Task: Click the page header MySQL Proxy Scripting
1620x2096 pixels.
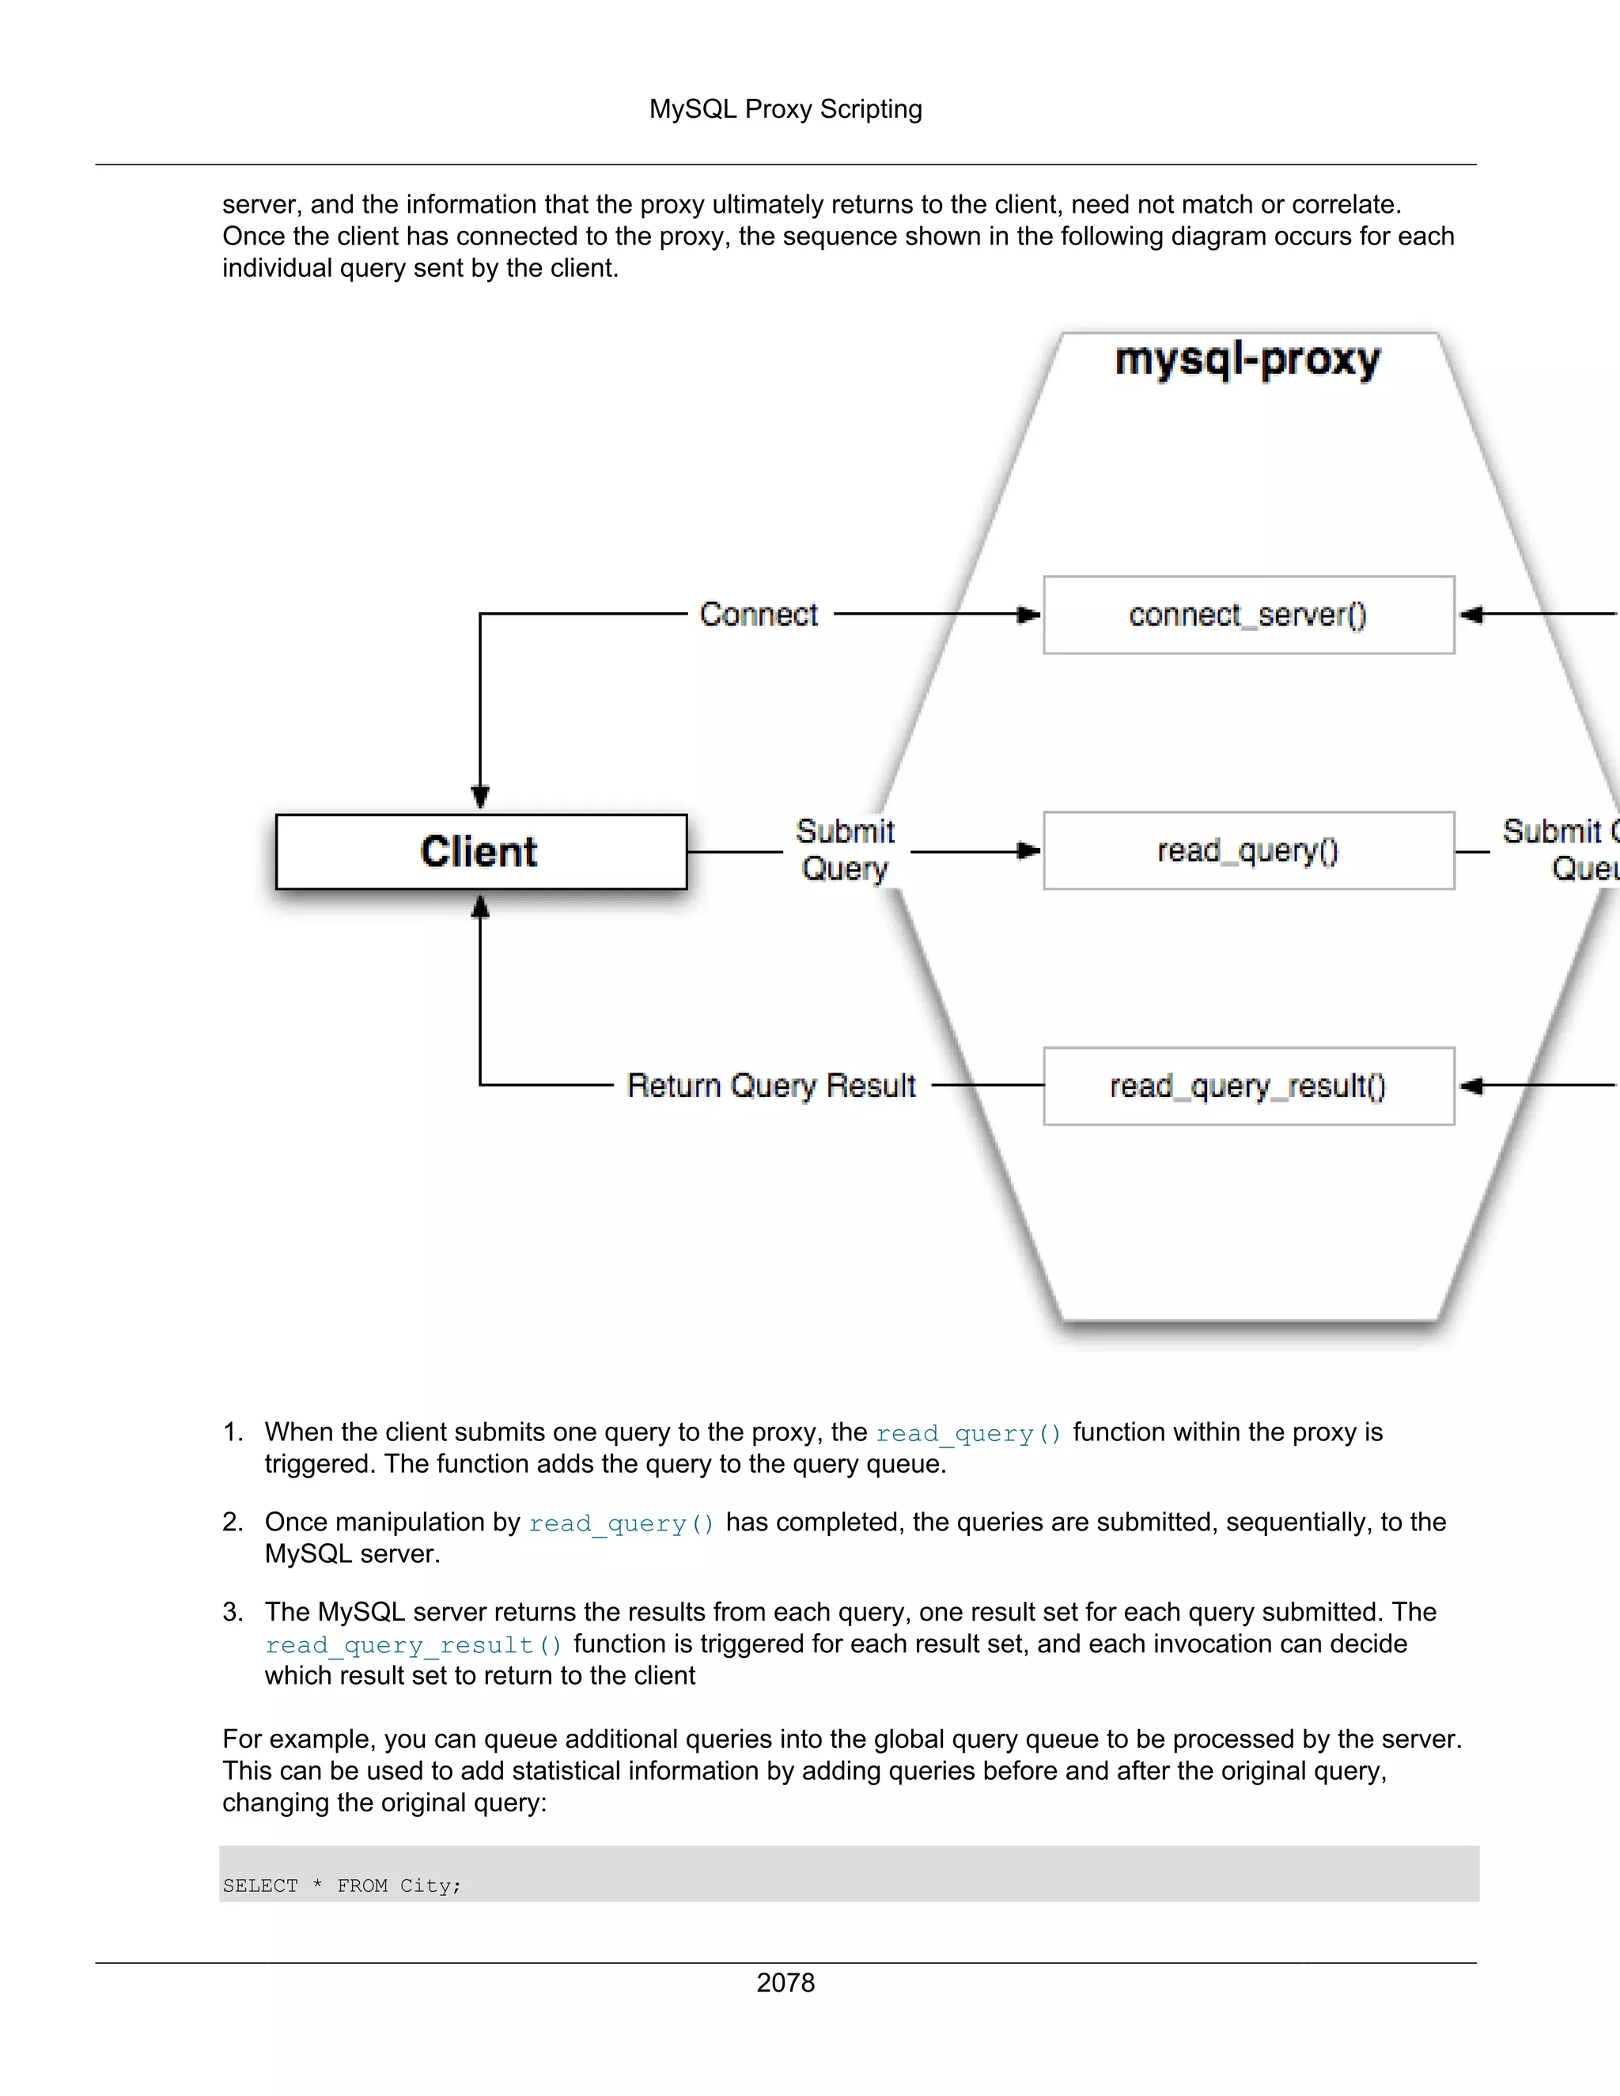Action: click(785, 109)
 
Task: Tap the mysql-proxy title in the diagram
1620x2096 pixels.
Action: click(1247, 361)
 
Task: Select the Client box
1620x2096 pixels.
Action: click(481, 851)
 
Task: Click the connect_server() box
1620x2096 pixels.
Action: click(1248, 615)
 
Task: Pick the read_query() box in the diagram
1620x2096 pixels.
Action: click(1248, 850)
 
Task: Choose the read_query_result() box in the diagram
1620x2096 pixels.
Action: click(1248, 1085)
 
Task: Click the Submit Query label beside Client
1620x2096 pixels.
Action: click(845, 850)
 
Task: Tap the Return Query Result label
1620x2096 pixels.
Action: click(770, 1085)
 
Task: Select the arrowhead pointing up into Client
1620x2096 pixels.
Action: click(481, 906)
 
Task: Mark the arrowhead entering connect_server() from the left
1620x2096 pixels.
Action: click(1029, 615)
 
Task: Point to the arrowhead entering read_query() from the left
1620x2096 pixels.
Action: click(1029, 850)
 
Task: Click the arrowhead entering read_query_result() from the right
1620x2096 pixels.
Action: click(1471, 1085)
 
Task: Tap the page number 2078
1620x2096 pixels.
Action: click(785, 1983)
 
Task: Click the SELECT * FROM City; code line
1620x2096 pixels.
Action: click(342, 1886)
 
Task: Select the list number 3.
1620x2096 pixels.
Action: click(233, 1611)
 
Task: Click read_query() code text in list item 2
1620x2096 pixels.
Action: click(621, 1523)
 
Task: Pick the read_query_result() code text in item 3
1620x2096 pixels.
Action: click(414, 1645)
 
